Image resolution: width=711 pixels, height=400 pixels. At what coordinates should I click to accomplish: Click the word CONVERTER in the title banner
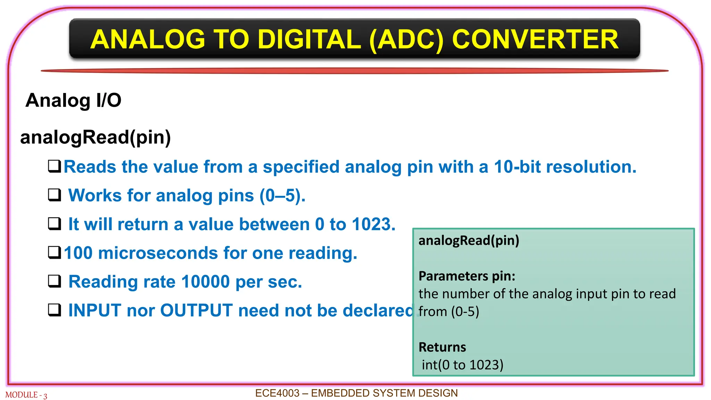pyautogui.click(x=535, y=39)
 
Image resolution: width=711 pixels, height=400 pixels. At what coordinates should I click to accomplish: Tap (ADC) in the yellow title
pyautogui.click(x=406, y=39)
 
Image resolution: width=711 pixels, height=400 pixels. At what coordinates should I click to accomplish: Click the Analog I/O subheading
pyautogui.click(x=73, y=100)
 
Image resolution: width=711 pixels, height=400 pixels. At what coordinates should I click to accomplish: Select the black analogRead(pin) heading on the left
pyautogui.click(x=95, y=137)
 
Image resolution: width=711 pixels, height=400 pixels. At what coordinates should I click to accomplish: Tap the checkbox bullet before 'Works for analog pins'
pyautogui.click(x=55, y=195)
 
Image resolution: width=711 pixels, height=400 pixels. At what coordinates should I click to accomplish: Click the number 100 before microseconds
pyautogui.click(x=78, y=253)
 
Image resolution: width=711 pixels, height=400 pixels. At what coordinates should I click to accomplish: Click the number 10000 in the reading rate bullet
pyautogui.click(x=205, y=282)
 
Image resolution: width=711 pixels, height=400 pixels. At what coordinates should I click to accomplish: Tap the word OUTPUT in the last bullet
pyautogui.click(x=196, y=310)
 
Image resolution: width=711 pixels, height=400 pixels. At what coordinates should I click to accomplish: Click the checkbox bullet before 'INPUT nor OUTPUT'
pyautogui.click(x=55, y=310)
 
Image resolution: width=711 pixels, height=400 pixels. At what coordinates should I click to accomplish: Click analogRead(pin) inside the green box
pyautogui.click(x=469, y=240)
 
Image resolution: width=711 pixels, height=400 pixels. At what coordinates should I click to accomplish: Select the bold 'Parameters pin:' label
pyautogui.click(x=467, y=276)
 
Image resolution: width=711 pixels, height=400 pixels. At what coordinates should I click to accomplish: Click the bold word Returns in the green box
pyautogui.click(x=442, y=347)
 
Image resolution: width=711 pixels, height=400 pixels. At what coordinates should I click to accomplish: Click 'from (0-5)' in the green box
pyautogui.click(x=449, y=312)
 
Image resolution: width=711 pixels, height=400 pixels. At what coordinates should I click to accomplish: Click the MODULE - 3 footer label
pyautogui.click(x=26, y=395)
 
